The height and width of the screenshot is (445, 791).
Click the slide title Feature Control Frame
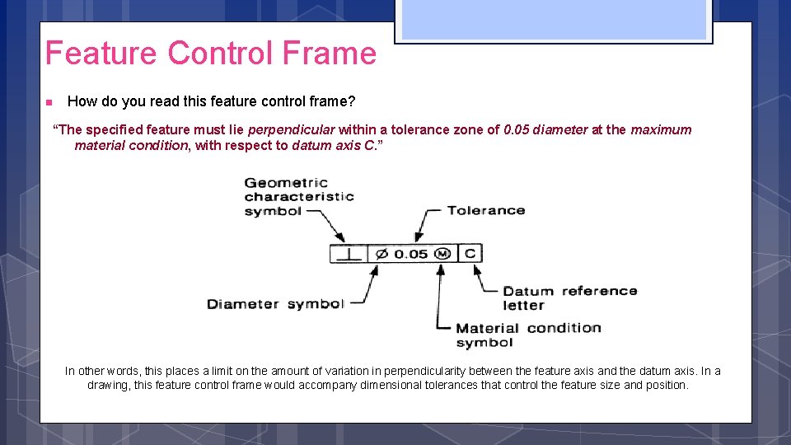[x=210, y=54]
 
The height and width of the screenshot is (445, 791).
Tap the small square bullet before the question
[x=49, y=102]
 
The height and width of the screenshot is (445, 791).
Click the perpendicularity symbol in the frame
[x=349, y=254]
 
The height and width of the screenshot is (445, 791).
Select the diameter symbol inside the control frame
[x=381, y=254]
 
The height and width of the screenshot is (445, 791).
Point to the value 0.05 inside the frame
[x=411, y=254]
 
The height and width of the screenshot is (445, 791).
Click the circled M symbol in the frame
[x=442, y=254]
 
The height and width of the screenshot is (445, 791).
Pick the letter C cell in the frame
[x=470, y=254]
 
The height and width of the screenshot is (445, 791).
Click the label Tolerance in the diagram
[x=486, y=210]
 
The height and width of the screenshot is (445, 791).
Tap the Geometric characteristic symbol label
[x=299, y=197]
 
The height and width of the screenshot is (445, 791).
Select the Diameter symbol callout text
[x=275, y=304]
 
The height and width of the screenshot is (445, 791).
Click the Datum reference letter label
[x=569, y=297]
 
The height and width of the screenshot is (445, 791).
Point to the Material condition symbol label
[x=528, y=335]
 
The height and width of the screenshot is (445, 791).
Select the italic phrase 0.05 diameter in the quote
[x=545, y=129]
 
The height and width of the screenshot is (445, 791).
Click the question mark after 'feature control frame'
[x=352, y=101]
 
